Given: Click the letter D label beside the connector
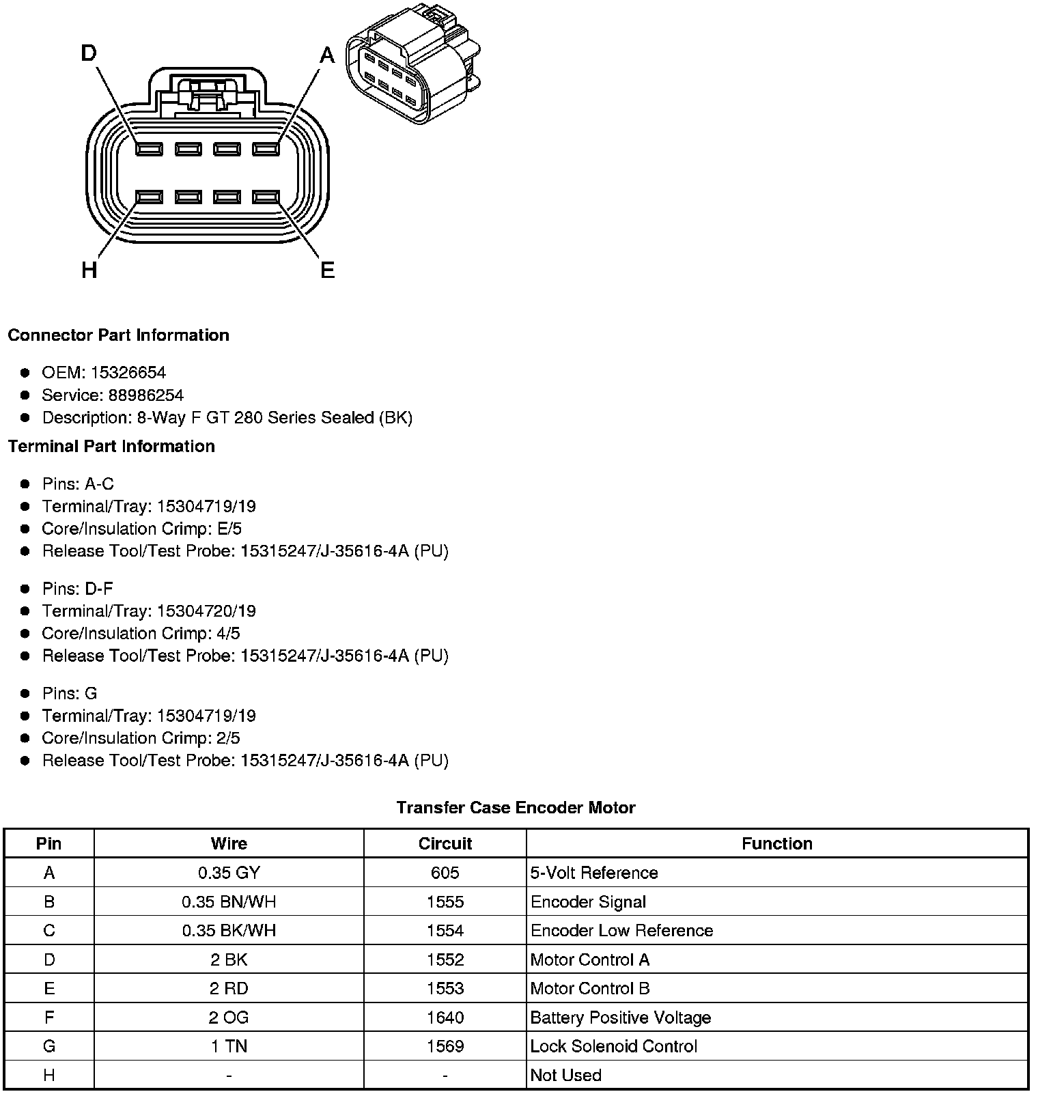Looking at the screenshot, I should [x=89, y=53].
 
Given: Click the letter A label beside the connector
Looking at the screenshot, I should [x=328, y=55].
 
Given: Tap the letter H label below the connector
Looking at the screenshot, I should [x=89, y=270].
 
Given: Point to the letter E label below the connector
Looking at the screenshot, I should [x=328, y=270].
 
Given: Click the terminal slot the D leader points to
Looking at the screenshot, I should [x=149, y=149].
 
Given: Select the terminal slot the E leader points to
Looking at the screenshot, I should [x=266, y=197].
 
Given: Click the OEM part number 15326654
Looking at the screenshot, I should [x=128, y=372].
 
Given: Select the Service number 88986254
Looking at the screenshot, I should [x=145, y=395].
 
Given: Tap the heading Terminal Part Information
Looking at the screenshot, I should [x=111, y=446].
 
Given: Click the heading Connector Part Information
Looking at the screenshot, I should [x=118, y=335].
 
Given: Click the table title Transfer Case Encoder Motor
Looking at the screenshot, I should [x=516, y=807].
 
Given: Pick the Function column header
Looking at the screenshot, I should [x=776, y=843].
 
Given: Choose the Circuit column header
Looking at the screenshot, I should [x=445, y=843].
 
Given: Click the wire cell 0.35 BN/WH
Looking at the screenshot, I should [x=229, y=901].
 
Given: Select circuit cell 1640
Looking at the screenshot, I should [x=445, y=1018].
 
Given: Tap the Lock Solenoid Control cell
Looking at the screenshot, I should [x=613, y=1046].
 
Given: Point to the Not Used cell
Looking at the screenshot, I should [x=565, y=1075].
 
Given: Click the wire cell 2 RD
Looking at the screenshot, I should [x=229, y=988].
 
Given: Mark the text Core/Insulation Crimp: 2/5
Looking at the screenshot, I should [x=141, y=738].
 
